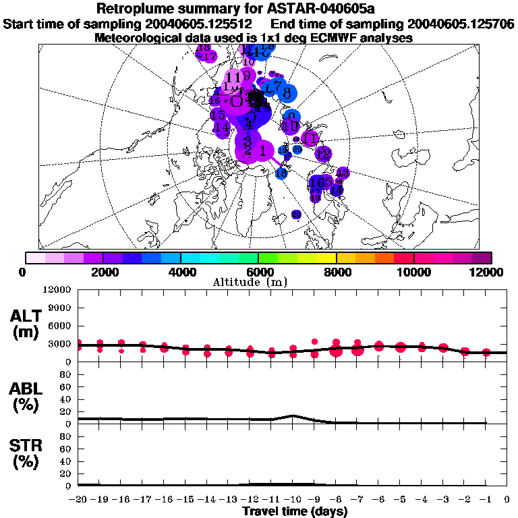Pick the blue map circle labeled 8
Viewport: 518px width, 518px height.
pyautogui.click(x=287, y=93)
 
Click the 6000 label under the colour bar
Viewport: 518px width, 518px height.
pyautogui.click(x=258, y=272)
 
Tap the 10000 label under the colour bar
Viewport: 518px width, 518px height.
pyautogui.click(x=413, y=272)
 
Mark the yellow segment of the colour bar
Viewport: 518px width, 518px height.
pyautogui.click(x=326, y=258)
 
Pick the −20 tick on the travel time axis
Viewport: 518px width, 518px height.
pyautogui.click(x=78, y=500)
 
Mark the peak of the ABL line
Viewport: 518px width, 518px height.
pyautogui.click(x=293, y=415)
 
